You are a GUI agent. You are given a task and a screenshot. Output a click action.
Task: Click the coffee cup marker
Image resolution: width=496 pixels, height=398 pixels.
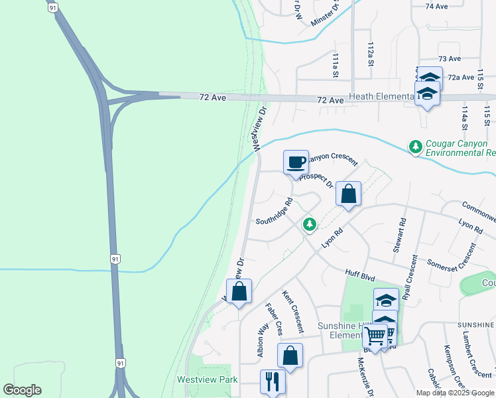click(296, 162)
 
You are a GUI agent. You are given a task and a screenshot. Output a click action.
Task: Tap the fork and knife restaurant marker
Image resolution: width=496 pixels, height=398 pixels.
click(273, 381)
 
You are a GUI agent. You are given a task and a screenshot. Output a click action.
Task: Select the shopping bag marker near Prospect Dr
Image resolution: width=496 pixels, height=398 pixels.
click(348, 194)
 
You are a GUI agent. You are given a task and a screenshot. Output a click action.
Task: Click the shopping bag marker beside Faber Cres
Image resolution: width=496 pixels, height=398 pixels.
click(290, 356)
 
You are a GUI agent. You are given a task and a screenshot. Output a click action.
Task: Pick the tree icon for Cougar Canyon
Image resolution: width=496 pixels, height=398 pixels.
click(416, 146)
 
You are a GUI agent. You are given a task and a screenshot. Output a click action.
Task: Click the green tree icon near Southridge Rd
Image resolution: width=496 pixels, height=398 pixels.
click(309, 225)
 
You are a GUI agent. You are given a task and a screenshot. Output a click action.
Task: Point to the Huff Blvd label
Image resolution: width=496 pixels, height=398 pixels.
click(361, 273)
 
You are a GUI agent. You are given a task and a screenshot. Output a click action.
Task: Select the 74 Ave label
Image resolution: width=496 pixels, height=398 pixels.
click(437, 6)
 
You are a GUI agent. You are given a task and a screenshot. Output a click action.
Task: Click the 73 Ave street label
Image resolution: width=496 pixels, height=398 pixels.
click(450, 59)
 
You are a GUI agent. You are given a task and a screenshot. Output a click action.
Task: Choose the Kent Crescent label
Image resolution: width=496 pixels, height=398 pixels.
click(293, 311)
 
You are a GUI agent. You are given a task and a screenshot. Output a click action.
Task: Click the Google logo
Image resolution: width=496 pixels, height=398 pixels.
click(22, 390)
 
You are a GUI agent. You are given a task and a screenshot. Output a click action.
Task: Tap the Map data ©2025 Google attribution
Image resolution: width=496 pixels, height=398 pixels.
click(455, 393)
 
